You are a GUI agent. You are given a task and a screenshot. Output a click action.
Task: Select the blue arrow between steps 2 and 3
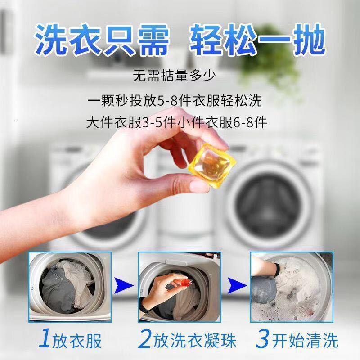click(x=237, y=286)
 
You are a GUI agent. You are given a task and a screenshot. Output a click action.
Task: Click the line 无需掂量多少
click(x=175, y=76)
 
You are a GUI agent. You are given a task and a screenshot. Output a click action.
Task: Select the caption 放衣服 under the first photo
click(x=77, y=341)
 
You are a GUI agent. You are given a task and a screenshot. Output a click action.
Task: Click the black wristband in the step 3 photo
click(x=277, y=269)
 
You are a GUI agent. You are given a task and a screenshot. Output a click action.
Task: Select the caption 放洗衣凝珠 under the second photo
click(x=195, y=341)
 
